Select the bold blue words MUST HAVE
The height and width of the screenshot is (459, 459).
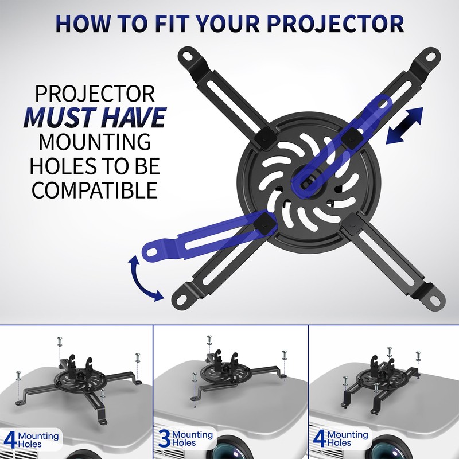[94, 116]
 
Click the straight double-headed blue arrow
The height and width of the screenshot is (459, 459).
[404, 125]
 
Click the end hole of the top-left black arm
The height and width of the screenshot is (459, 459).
[189, 56]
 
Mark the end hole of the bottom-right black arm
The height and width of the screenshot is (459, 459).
[435, 297]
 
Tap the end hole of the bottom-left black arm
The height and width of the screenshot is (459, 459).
[179, 297]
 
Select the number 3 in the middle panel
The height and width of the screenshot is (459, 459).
[163, 438]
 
